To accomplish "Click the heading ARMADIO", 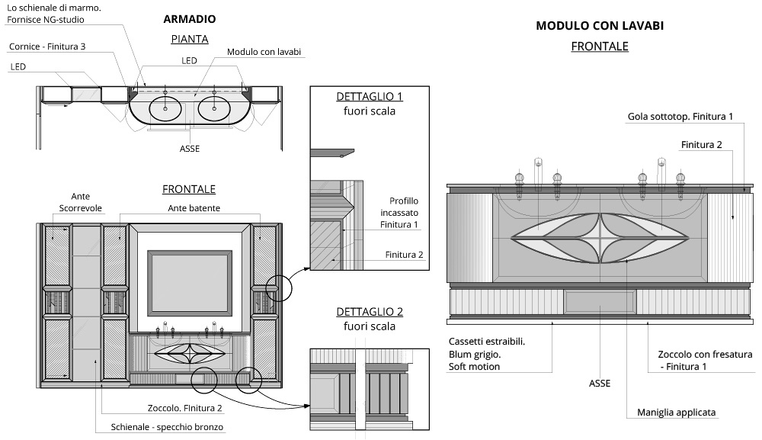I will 190,18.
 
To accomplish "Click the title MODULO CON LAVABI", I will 600,26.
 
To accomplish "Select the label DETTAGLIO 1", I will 369,97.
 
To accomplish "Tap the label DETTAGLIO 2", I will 369,312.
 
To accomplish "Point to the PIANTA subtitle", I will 189,38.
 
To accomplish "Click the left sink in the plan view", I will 165,108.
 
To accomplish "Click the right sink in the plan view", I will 215,108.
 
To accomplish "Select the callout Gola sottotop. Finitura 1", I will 680,117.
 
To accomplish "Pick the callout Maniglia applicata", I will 677,413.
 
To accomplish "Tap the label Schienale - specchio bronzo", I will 167,426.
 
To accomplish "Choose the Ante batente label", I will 190,207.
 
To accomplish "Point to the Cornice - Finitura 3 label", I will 47,47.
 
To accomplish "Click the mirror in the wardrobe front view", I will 190,282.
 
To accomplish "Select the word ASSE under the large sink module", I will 600,383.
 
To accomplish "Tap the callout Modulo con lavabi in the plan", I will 264,52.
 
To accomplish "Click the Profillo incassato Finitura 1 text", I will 399,213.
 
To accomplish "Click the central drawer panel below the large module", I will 599,301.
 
